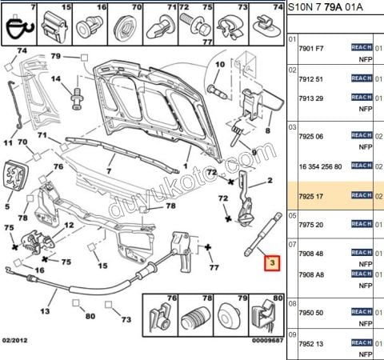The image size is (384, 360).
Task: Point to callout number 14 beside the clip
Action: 56,80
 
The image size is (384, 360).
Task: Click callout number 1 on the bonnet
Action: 185,166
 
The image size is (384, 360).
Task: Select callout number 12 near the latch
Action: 70,226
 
